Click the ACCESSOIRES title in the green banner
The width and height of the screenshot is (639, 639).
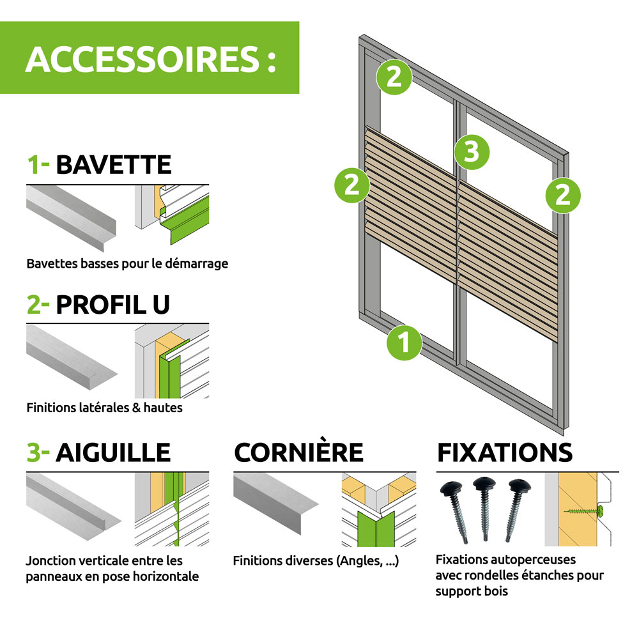click(151, 59)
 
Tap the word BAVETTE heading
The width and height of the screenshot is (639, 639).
click(114, 165)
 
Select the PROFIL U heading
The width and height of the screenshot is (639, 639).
click(112, 304)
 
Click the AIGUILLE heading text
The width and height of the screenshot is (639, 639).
click(113, 452)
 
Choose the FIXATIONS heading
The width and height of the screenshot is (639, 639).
click(505, 452)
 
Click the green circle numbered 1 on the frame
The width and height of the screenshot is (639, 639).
click(404, 343)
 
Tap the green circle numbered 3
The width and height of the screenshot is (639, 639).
click(472, 152)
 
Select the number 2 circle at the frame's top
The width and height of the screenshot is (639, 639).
click(394, 77)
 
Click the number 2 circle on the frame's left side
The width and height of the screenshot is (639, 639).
click(352, 185)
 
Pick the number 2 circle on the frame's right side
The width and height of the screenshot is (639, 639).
click(563, 196)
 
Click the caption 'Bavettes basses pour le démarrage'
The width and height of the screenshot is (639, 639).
click(127, 264)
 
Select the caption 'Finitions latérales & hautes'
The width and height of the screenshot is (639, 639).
click(104, 408)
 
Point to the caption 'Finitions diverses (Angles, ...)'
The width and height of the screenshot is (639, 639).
click(316, 561)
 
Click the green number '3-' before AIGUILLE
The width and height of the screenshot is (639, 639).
click(38, 452)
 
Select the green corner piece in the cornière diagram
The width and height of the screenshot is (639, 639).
click(376, 529)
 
